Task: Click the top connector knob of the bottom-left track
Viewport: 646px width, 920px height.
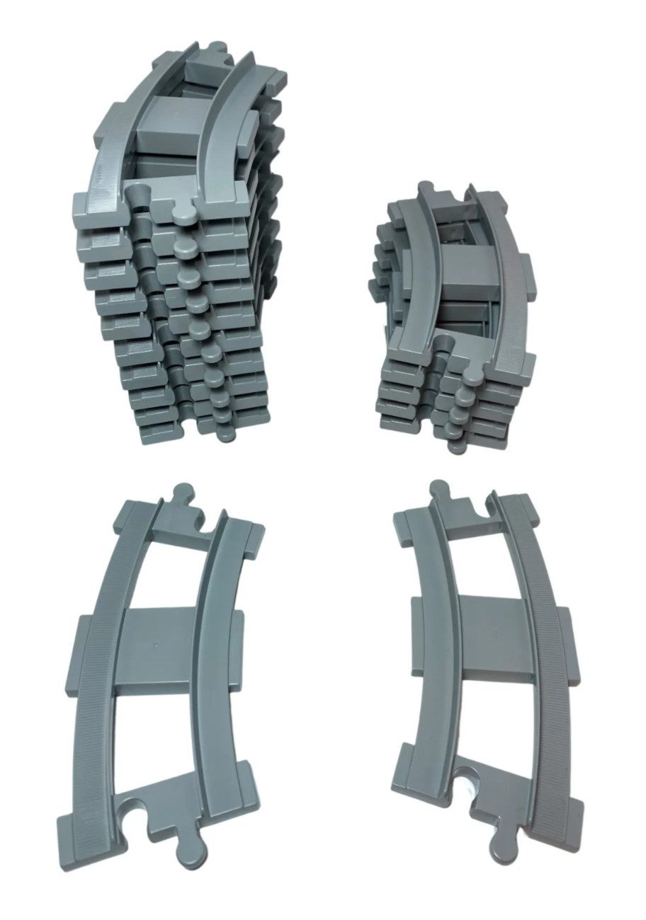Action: [x=184, y=493]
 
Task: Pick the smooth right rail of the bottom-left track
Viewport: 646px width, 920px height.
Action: [x=212, y=637]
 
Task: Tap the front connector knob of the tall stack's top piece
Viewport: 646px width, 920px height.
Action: [x=183, y=209]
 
